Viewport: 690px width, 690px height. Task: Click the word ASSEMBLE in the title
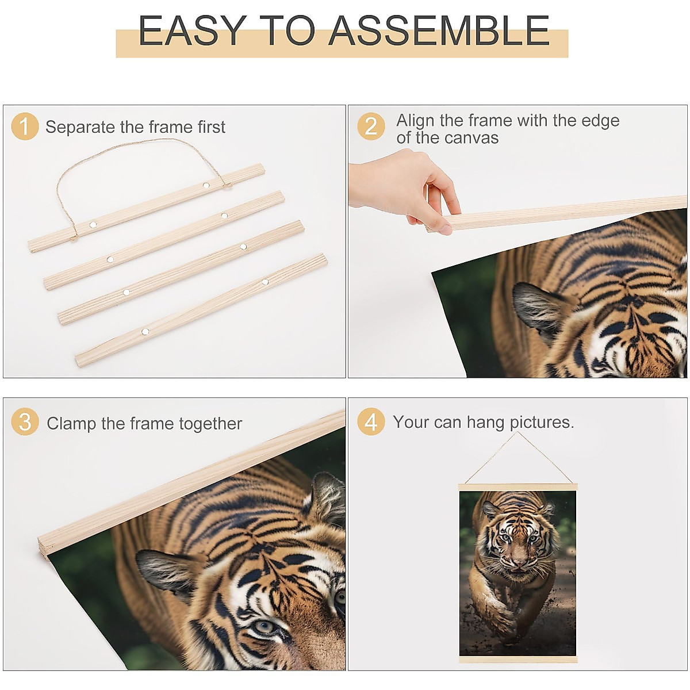(439, 31)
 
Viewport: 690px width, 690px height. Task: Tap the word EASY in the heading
(193, 31)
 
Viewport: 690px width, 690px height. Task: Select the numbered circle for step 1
(25, 126)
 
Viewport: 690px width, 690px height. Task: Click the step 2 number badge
(371, 126)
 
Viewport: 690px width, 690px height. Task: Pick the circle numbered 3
(25, 421)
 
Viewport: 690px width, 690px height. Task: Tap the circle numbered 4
(371, 421)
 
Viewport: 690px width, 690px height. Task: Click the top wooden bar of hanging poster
(517, 487)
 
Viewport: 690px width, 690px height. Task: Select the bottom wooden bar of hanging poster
(518, 660)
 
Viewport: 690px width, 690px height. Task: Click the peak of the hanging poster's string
(517, 432)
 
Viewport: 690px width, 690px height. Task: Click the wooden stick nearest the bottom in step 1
(201, 310)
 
